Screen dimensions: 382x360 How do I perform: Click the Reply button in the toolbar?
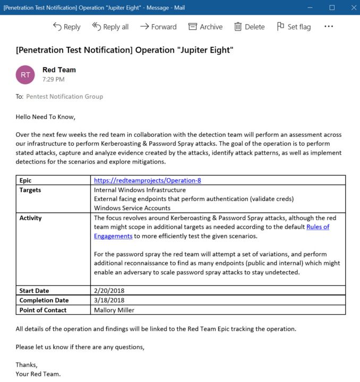coord(66,27)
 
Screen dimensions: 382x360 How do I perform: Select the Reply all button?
coord(110,27)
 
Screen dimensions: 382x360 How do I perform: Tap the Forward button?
coord(158,27)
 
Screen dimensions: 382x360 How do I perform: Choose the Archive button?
coord(205,27)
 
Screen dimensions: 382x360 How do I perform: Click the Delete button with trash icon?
coord(249,27)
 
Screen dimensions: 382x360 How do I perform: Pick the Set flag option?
coord(294,27)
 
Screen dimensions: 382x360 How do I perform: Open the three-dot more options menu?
coord(329,26)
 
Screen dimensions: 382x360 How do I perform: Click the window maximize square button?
coord(332,7)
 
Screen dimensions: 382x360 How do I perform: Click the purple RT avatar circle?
coord(25,75)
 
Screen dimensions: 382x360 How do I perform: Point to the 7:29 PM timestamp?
coord(54,80)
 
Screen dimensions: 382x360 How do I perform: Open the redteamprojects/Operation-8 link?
coord(147,180)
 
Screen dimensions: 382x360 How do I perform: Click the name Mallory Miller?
coord(114,310)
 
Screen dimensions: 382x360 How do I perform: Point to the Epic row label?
coord(26,180)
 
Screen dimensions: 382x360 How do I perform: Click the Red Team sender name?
coord(59,70)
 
